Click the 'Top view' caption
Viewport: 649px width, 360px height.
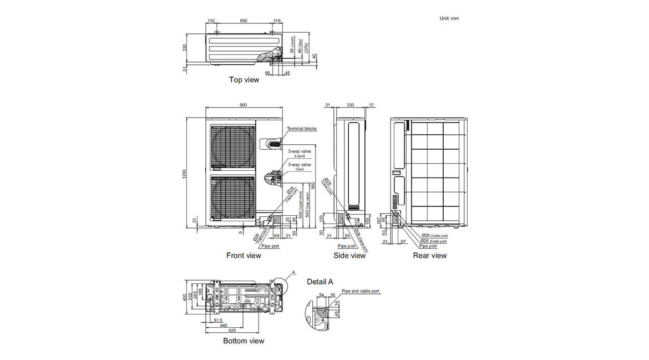point(244,80)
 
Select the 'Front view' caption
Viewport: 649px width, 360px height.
point(244,256)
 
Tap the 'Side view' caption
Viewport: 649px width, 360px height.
point(349,256)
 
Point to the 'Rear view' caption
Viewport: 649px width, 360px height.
point(429,256)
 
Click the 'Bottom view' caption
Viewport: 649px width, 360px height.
point(244,341)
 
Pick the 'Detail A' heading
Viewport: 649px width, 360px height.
point(320,282)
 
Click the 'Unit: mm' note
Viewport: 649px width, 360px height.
point(449,18)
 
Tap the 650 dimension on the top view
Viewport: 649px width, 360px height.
point(244,21)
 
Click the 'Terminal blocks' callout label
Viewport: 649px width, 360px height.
point(302,129)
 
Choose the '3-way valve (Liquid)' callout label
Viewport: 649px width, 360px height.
point(299,153)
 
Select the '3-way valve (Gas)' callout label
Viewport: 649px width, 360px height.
point(299,167)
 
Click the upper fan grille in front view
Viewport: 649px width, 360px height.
point(232,148)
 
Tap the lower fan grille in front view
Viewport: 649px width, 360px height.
point(232,199)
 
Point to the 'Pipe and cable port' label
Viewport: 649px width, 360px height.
point(361,291)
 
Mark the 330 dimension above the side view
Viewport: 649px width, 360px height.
point(350,105)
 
